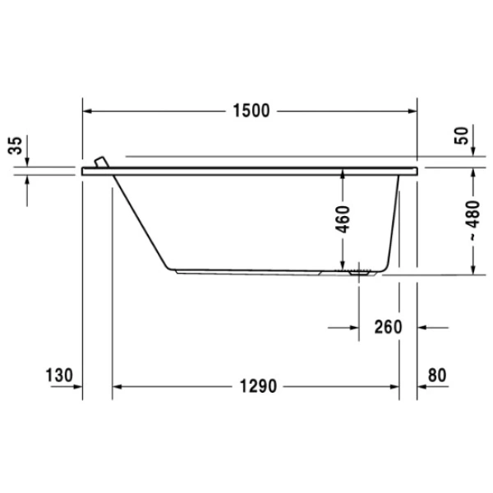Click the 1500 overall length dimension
click(x=250, y=111)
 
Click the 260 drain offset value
click(x=387, y=327)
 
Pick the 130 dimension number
click(x=60, y=376)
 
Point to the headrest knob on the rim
click(x=101, y=162)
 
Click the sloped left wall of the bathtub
click(x=141, y=222)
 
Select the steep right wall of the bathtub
click(x=397, y=222)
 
